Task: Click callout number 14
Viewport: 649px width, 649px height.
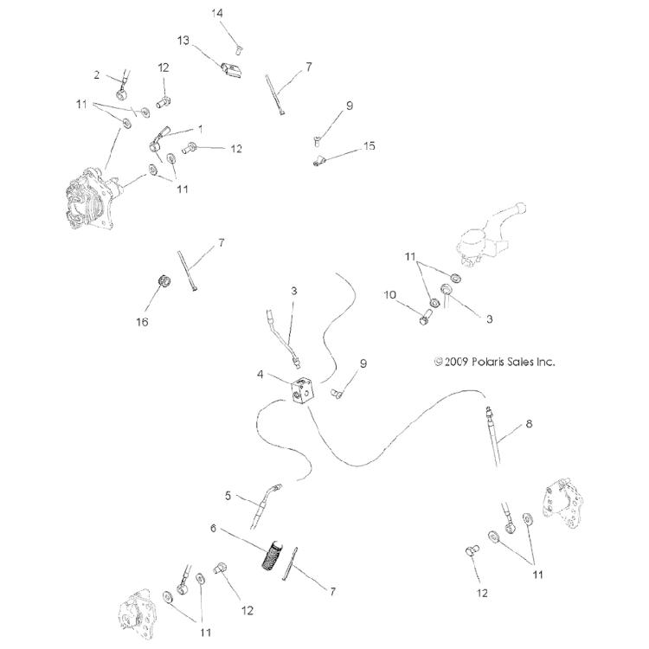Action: click(x=217, y=12)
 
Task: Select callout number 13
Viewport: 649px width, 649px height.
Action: click(x=183, y=40)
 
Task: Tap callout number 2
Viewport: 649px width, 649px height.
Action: click(x=97, y=74)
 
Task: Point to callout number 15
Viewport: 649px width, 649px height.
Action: click(x=369, y=146)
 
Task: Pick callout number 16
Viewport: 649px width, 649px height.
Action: click(x=142, y=322)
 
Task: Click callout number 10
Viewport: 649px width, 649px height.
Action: click(x=390, y=295)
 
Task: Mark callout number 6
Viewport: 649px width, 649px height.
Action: click(x=212, y=528)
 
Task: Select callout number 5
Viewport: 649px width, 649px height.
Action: click(x=228, y=496)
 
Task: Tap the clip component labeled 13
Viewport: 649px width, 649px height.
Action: click(x=232, y=67)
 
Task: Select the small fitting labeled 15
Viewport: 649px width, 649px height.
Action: click(x=321, y=159)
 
